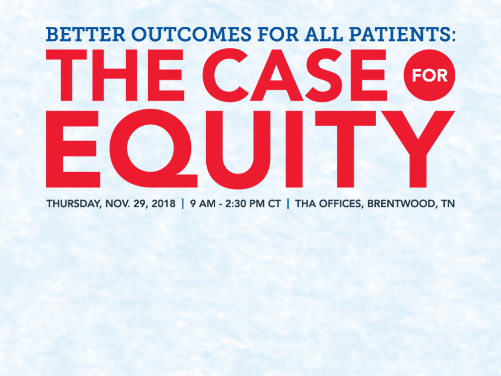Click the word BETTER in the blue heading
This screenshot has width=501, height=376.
pos(85,34)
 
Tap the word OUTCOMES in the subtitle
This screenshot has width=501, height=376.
pos(191,34)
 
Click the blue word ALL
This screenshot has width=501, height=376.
pos(324,34)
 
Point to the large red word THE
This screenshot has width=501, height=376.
pos(115,75)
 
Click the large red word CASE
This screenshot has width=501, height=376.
pos(295,75)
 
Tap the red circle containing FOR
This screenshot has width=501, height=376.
pos(429,75)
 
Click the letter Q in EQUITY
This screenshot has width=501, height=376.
pos(154,149)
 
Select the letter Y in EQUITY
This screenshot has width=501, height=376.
pos(418,149)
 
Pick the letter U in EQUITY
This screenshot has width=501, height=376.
pos(239,150)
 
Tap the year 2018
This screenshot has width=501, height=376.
pos(164,204)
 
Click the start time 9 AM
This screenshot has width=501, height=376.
pos(203,204)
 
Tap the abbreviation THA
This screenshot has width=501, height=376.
pos(306,204)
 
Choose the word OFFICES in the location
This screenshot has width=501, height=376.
pos(341,204)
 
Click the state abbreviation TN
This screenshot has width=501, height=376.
pos(448,204)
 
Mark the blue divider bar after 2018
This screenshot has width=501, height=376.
pos(183,204)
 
